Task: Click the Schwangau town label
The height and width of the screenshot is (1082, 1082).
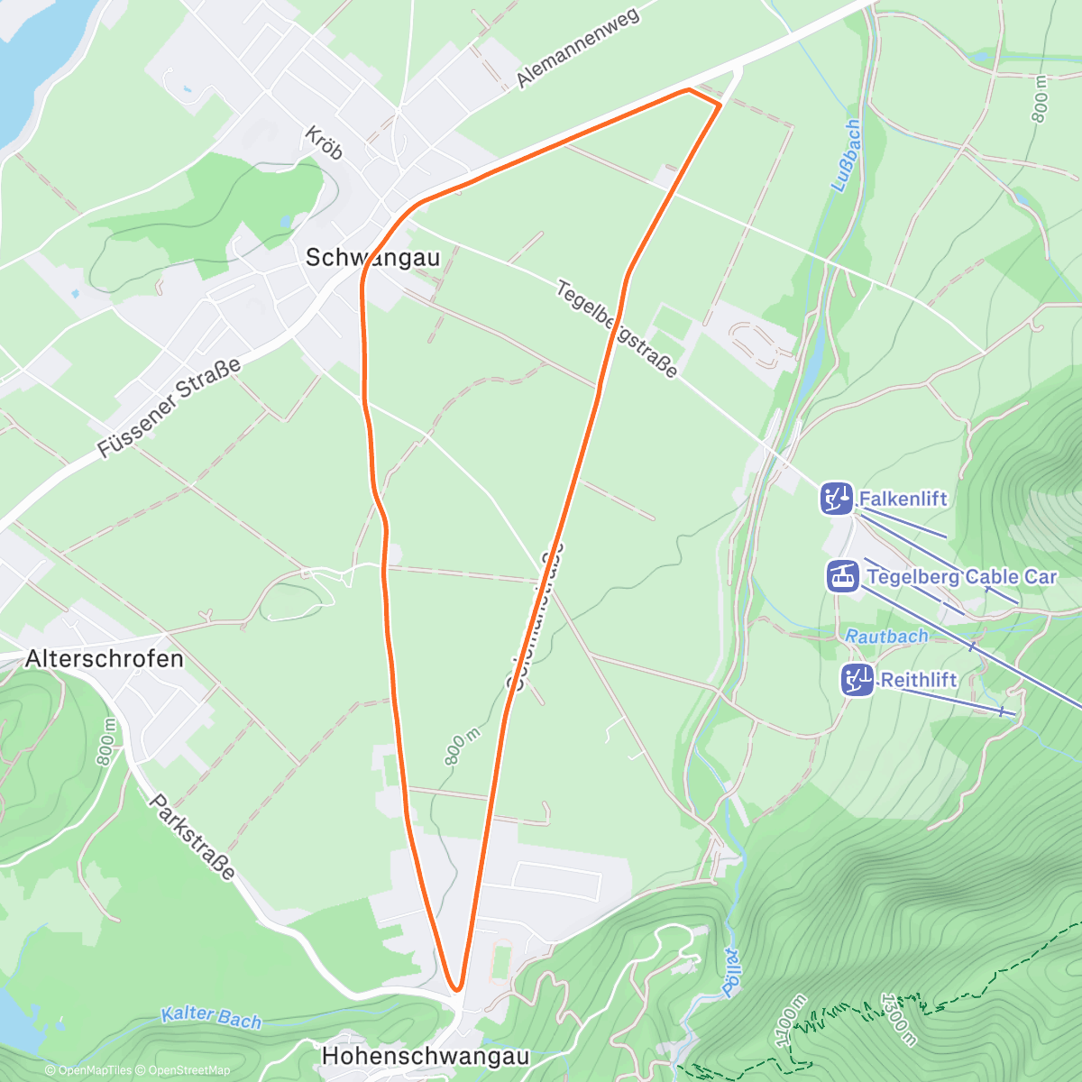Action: coord(372,258)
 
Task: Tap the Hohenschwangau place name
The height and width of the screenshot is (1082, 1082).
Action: coord(426,1055)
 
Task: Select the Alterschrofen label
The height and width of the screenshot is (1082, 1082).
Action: coord(105,658)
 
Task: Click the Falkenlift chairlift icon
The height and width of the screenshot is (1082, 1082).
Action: coord(837,499)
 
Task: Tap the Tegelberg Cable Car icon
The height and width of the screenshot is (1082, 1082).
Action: coord(843,576)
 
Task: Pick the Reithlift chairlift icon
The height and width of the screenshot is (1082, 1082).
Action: coord(857,680)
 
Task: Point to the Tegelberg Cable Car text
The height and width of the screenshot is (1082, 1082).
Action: coord(961,576)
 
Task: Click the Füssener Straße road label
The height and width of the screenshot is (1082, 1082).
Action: coord(170,408)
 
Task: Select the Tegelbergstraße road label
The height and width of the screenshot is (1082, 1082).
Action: coord(617,330)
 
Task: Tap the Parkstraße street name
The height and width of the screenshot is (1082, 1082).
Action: coord(193,837)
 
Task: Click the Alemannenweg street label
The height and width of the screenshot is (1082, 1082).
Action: coord(577,48)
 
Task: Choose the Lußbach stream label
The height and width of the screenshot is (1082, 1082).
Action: coord(846,155)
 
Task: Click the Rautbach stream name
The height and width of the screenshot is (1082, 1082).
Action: coord(886,636)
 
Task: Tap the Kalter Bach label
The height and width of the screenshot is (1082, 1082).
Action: coord(211,1017)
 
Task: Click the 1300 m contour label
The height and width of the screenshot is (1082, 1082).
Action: coord(898,1019)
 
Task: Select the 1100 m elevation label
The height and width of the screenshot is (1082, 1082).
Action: coord(790,1020)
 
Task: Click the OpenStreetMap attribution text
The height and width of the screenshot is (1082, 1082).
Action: coord(186,1070)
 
